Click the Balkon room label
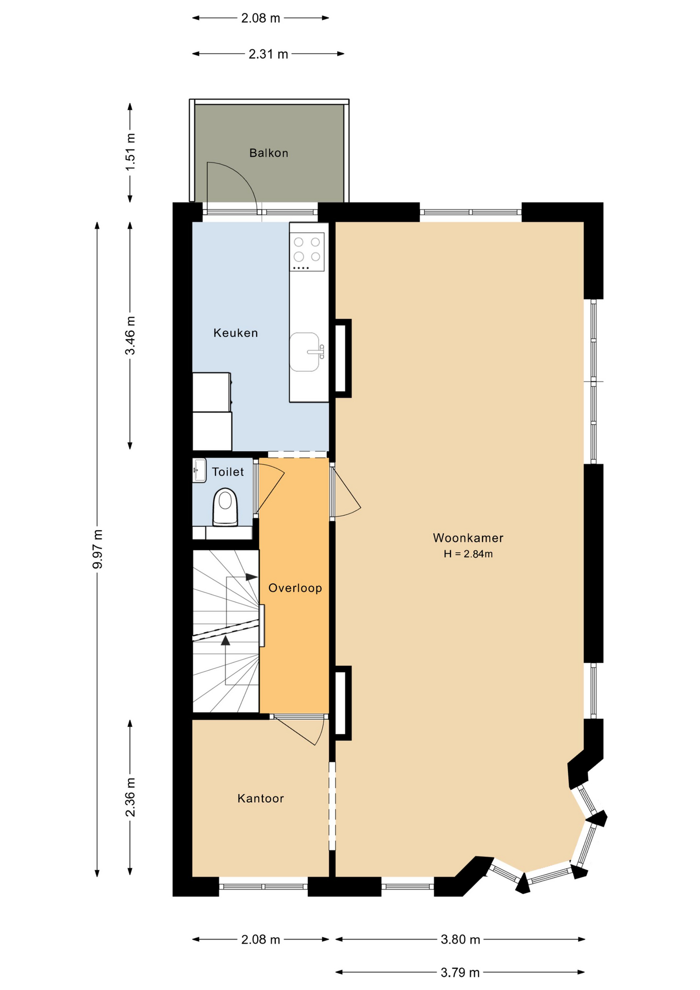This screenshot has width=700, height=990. point(269,153)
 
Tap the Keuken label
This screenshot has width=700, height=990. point(236,333)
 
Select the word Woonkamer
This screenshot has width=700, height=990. point(468,538)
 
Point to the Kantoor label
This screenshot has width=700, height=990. point(260,798)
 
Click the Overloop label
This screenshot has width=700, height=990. point(295,588)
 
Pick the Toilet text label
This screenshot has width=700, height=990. point(228,472)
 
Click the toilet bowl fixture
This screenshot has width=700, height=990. point(225,507)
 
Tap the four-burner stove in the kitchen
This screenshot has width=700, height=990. point(307,252)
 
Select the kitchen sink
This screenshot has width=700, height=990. point(305,352)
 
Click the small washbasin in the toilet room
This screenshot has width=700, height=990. point(199,470)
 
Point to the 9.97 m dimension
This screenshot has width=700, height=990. point(97,549)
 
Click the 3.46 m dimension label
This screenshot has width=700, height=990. point(130,335)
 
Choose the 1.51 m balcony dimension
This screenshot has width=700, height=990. point(130,152)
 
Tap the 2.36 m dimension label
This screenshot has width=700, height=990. point(130,797)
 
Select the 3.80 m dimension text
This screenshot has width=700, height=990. point(460,939)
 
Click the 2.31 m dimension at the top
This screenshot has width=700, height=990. point(268,54)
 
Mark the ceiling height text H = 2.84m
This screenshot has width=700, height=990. point(468,554)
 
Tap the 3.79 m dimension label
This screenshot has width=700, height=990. point(460,972)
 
